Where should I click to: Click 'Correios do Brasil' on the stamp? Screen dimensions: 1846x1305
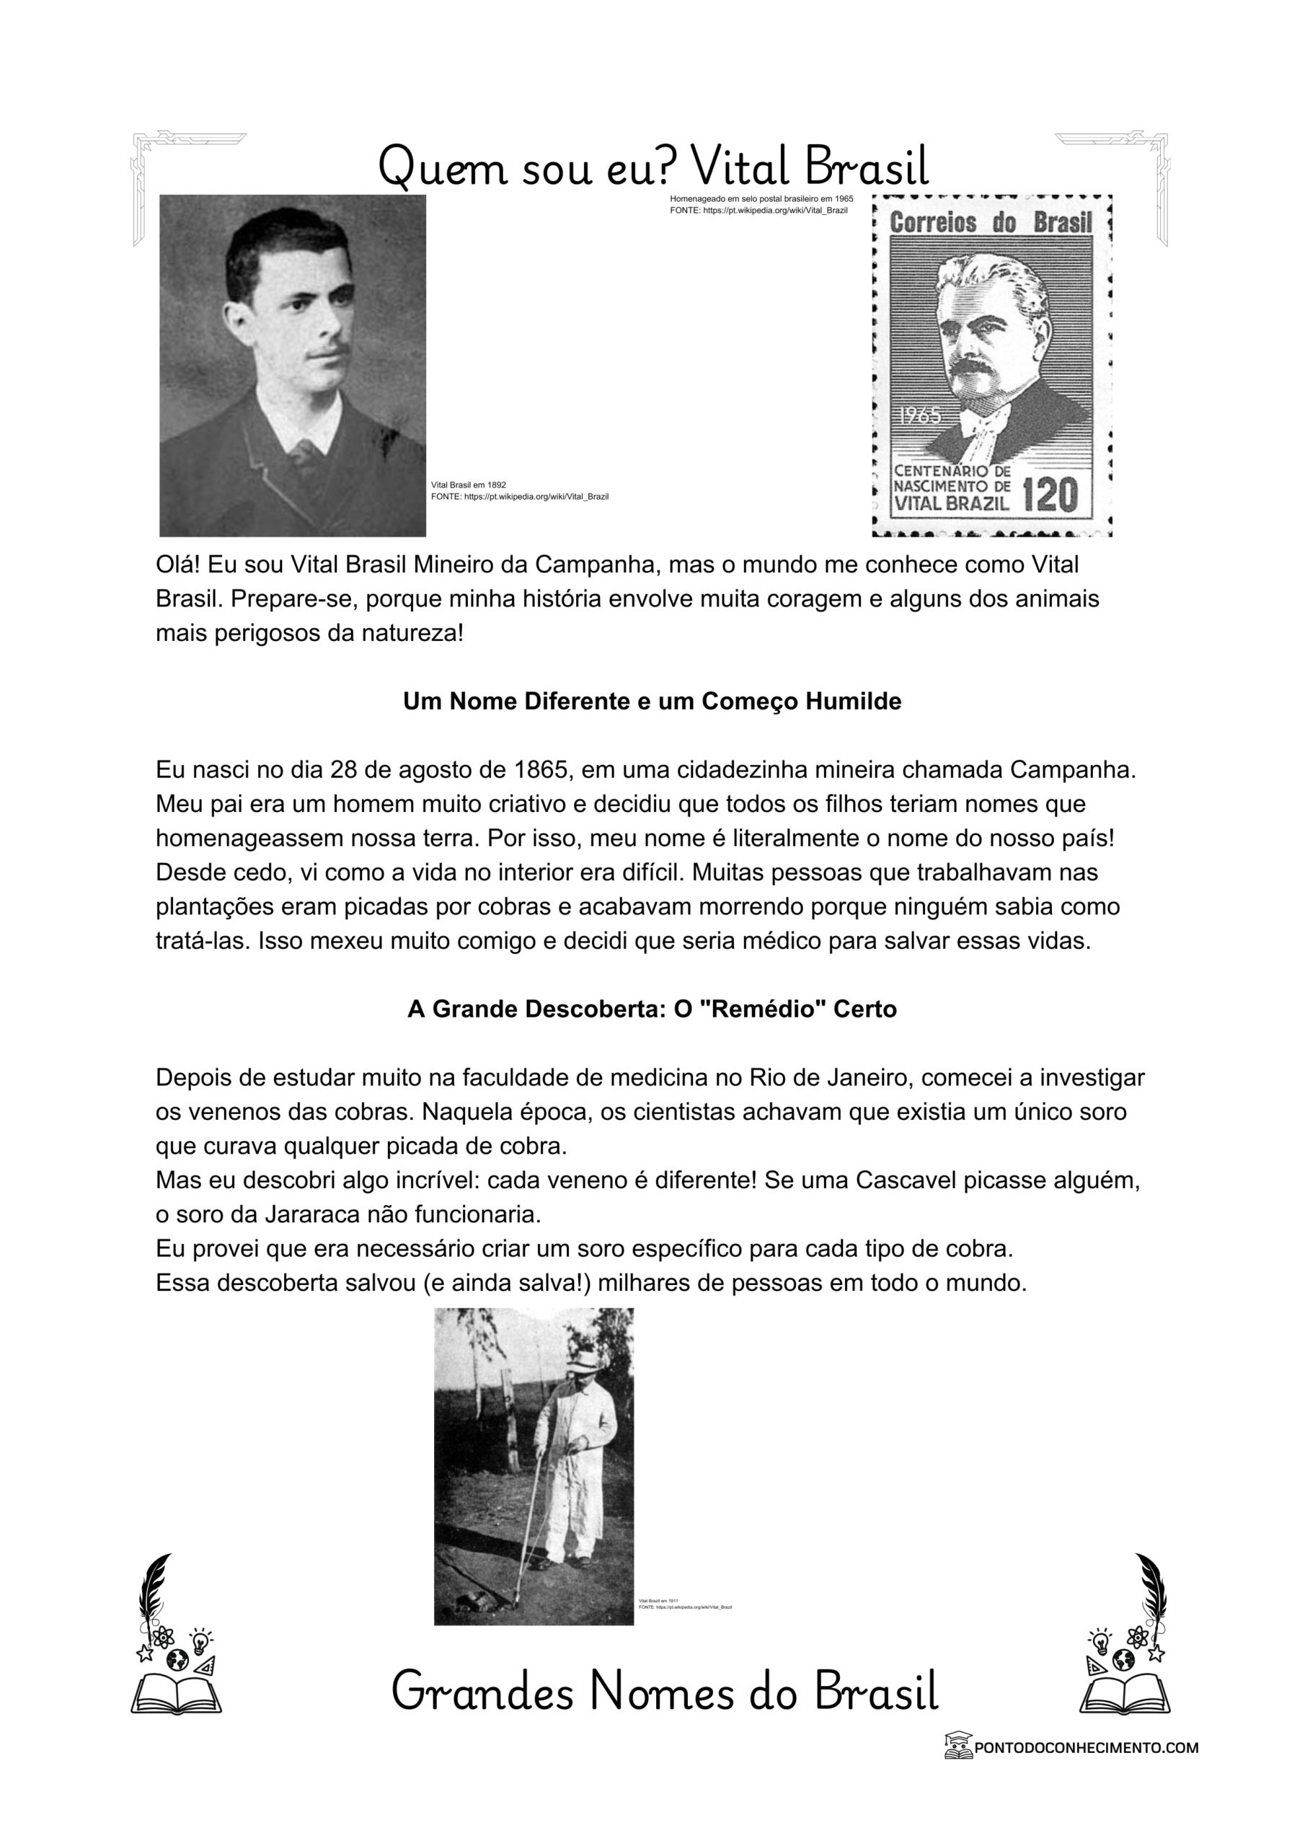(991, 223)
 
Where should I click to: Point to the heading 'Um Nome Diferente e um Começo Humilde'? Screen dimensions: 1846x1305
(652, 701)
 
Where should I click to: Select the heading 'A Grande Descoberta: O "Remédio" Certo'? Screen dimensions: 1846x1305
(652, 1008)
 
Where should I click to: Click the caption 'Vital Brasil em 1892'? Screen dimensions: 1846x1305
(469, 485)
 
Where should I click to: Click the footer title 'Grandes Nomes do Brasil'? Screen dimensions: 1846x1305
(664, 1692)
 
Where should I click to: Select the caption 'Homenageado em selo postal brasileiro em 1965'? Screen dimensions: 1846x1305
(761, 198)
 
